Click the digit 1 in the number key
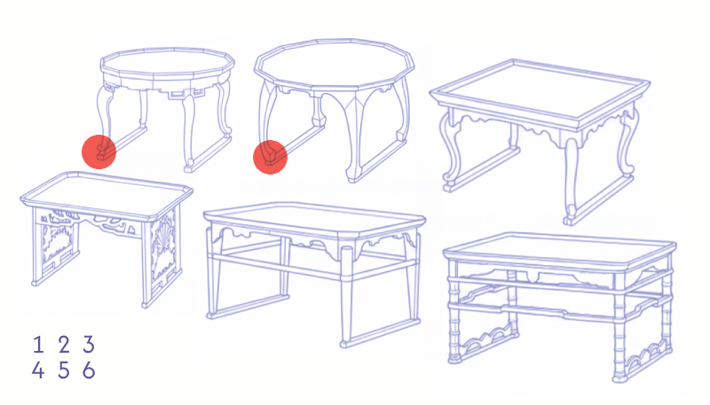click(x=38, y=345)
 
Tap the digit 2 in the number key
click(x=64, y=345)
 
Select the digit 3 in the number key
click(x=89, y=345)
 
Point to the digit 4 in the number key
click(x=38, y=370)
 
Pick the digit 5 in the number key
click(x=64, y=370)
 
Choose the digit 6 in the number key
click(x=89, y=370)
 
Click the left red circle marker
click(x=99, y=152)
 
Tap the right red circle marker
click(x=270, y=157)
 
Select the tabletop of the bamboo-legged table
click(x=560, y=251)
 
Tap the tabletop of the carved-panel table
click(x=106, y=195)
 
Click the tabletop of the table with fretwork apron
click(x=168, y=66)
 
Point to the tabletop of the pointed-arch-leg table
click(x=335, y=63)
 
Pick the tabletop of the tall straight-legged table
click(x=314, y=219)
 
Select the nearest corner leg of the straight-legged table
click(x=346, y=294)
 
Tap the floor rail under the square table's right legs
click(x=598, y=199)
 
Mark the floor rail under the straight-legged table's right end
click(x=381, y=332)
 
